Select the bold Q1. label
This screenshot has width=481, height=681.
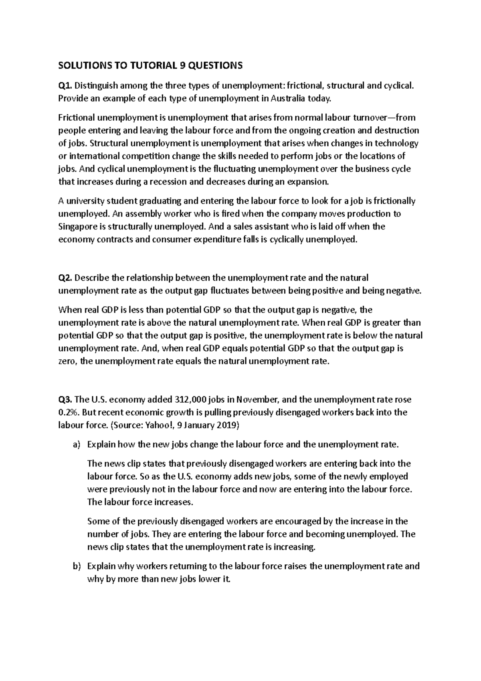click(x=66, y=85)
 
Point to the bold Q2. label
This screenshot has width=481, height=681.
click(x=66, y=278)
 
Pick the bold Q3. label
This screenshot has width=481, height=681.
click(x=66, y=400)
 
